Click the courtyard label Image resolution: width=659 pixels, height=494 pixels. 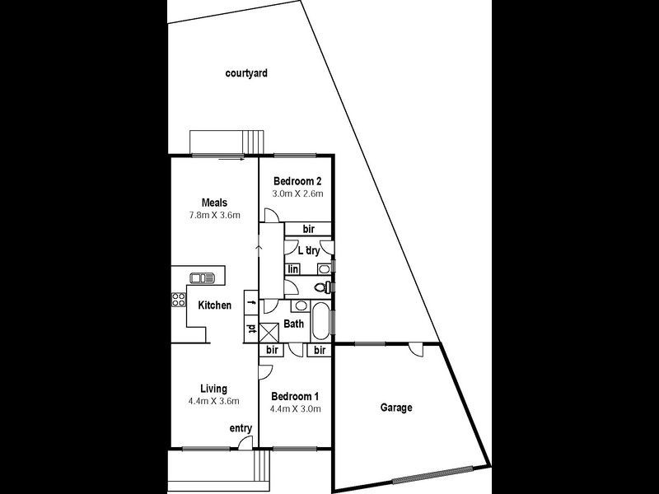pyautogui.click(x=246, y=73)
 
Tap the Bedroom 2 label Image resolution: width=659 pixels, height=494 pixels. pyautogui.click(x=297, y=181)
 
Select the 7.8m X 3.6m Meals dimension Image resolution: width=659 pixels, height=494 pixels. pyautogui.click(x=214, y=215)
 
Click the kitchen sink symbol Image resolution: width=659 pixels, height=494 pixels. pyautogui.click(x=202, y=277)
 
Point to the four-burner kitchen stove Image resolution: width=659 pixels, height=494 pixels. pyautogui.click(x=178, y=300)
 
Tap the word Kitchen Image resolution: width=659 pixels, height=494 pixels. pyautogui.click(x=214, y=305)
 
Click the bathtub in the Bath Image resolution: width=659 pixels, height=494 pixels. pyautogui.click(x=321, y=321)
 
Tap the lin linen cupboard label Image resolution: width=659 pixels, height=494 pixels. pyautogui.click(x=293, y=269)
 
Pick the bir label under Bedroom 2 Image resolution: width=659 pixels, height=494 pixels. pyautogui.click(x=308, y=229)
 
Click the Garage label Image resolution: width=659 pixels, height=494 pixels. pyautogui.click(x=396, y=408)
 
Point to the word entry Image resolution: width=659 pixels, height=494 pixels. pyautogui.click(x=241, y=428)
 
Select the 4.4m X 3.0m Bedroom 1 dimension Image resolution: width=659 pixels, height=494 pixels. pyautogui.click(x=296, y=408)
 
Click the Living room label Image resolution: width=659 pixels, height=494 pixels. pyautogui.click(x=214, y=389)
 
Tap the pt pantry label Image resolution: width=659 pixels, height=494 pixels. pyautogui.click(x=251, y=328)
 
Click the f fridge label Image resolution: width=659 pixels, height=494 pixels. pyautogui.click(x=252, y=302)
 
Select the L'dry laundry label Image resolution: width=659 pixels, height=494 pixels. pyautogui.click(x=309, y=251)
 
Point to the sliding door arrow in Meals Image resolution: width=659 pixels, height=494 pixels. pyautogui.click(x=231, y=159)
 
